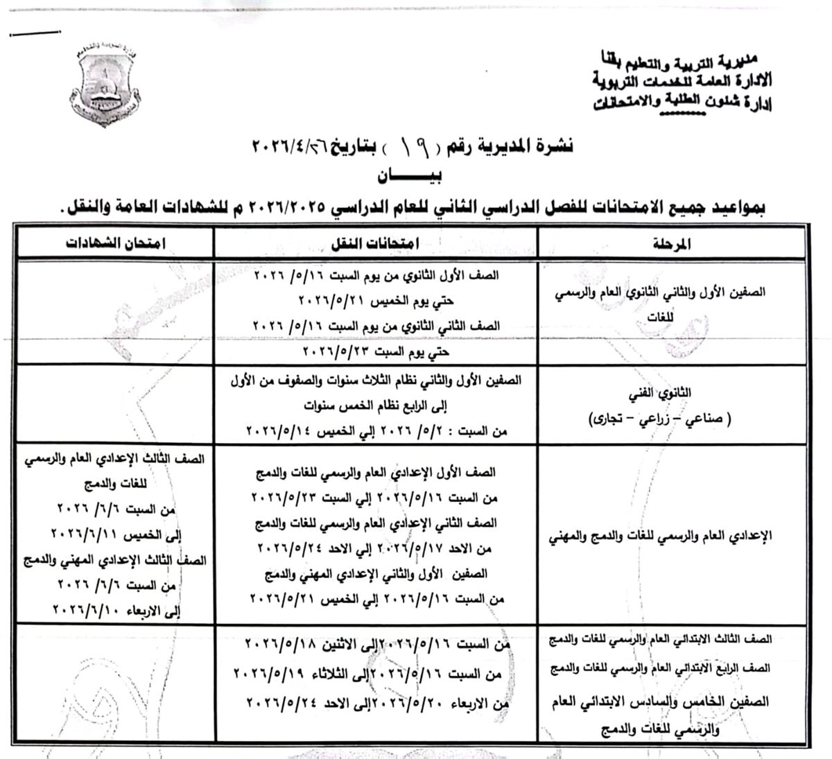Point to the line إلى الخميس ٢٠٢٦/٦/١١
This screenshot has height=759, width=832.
tap(117, 536)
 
